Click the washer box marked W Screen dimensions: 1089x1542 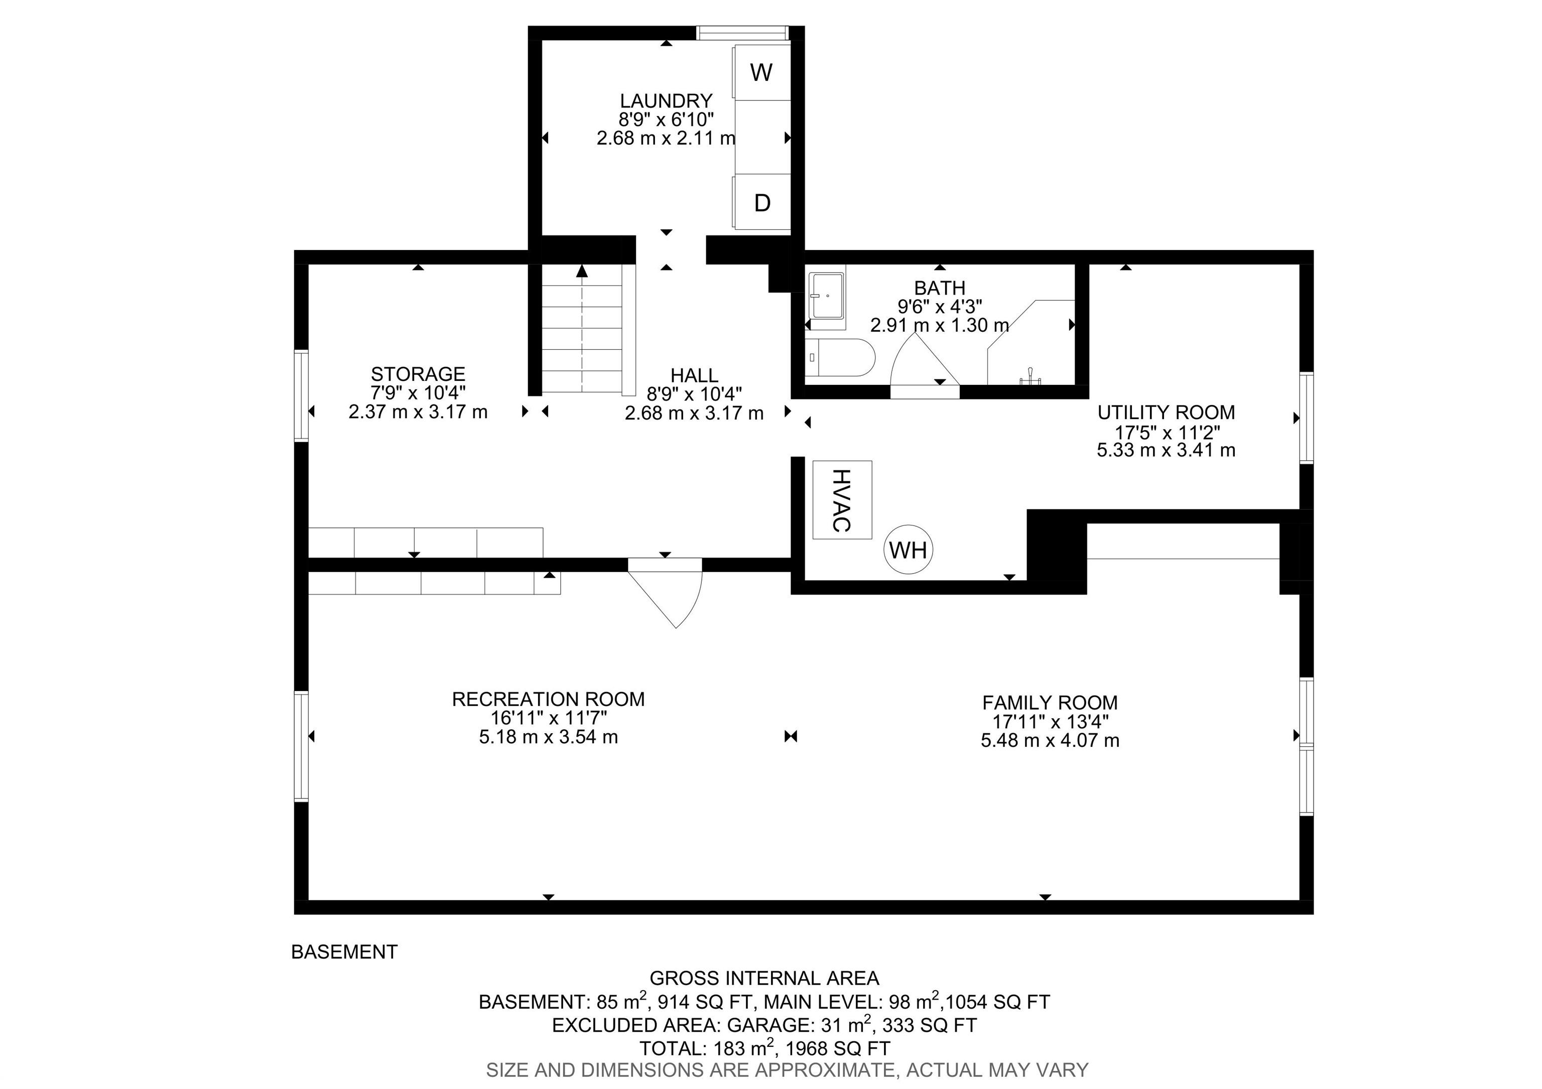[761, 72]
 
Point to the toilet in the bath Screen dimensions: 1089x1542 [839, 358]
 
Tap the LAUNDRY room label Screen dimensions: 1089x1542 [666, 101]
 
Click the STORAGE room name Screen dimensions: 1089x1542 [418, 374]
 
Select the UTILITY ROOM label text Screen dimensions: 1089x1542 [1166, 412]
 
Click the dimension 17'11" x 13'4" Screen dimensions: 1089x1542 [1050, 722]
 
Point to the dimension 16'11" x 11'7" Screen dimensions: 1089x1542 [548, 718]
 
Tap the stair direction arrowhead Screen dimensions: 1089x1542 [582, 270]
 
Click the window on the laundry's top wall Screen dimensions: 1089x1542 [741, 32]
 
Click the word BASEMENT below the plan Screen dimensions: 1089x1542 [344, 952]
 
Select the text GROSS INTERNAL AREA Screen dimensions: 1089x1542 [763, 978]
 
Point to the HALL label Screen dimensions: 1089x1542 [694, 375]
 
